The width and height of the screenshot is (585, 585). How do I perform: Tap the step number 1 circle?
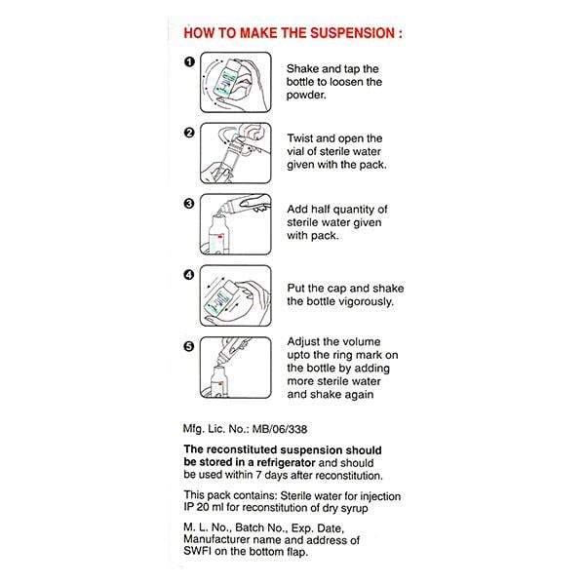(190, 62)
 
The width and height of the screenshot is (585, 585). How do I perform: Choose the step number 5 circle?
(190, 345)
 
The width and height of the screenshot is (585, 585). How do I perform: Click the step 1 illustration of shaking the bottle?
(235, 82)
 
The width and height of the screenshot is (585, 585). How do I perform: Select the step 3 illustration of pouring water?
(235, 224)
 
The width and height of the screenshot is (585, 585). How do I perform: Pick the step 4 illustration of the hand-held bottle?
(235, 294)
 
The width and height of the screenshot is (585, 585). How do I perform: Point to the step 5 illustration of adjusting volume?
(235, 367)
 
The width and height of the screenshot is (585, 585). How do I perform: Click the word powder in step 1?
(308, 97)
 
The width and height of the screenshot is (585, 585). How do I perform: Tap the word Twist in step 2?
(303, 137)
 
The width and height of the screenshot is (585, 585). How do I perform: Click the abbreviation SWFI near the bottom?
(202, 553)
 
